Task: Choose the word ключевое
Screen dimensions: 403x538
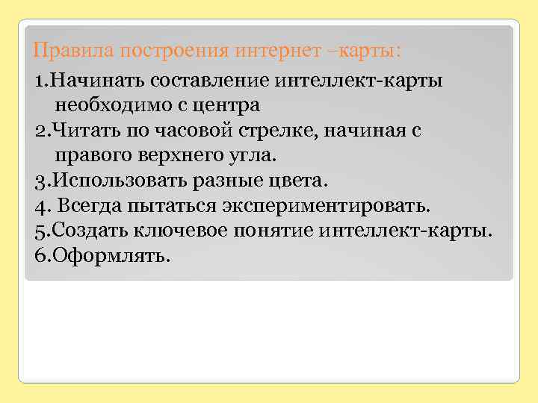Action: click(x=174, y=231)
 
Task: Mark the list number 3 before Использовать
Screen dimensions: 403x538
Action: click(x=40, y=181)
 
